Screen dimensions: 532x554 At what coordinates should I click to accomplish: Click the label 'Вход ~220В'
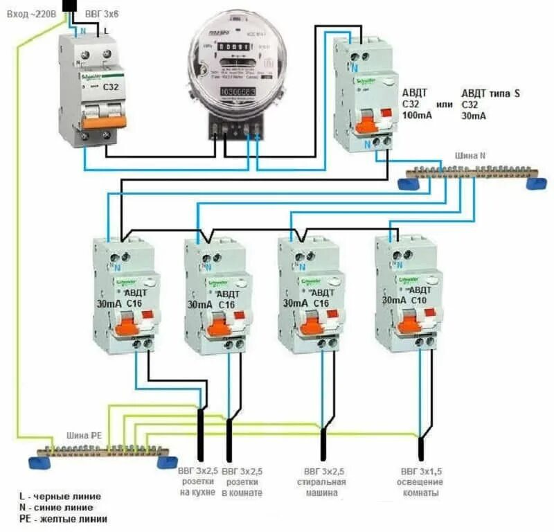point(28,12)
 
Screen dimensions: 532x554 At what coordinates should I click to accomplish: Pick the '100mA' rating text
point(418,116)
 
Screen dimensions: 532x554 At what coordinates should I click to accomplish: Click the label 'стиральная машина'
point(321,488)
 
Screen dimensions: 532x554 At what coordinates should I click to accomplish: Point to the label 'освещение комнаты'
point(419,488)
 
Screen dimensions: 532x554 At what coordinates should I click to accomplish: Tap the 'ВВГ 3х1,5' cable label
point(419,471)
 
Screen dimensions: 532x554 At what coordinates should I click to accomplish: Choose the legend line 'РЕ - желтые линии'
point(63,519)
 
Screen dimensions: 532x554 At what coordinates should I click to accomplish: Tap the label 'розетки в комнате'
point(242,487)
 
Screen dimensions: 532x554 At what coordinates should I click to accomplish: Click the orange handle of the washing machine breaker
point(309,326)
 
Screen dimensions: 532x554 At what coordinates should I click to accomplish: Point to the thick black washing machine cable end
point(322,443)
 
